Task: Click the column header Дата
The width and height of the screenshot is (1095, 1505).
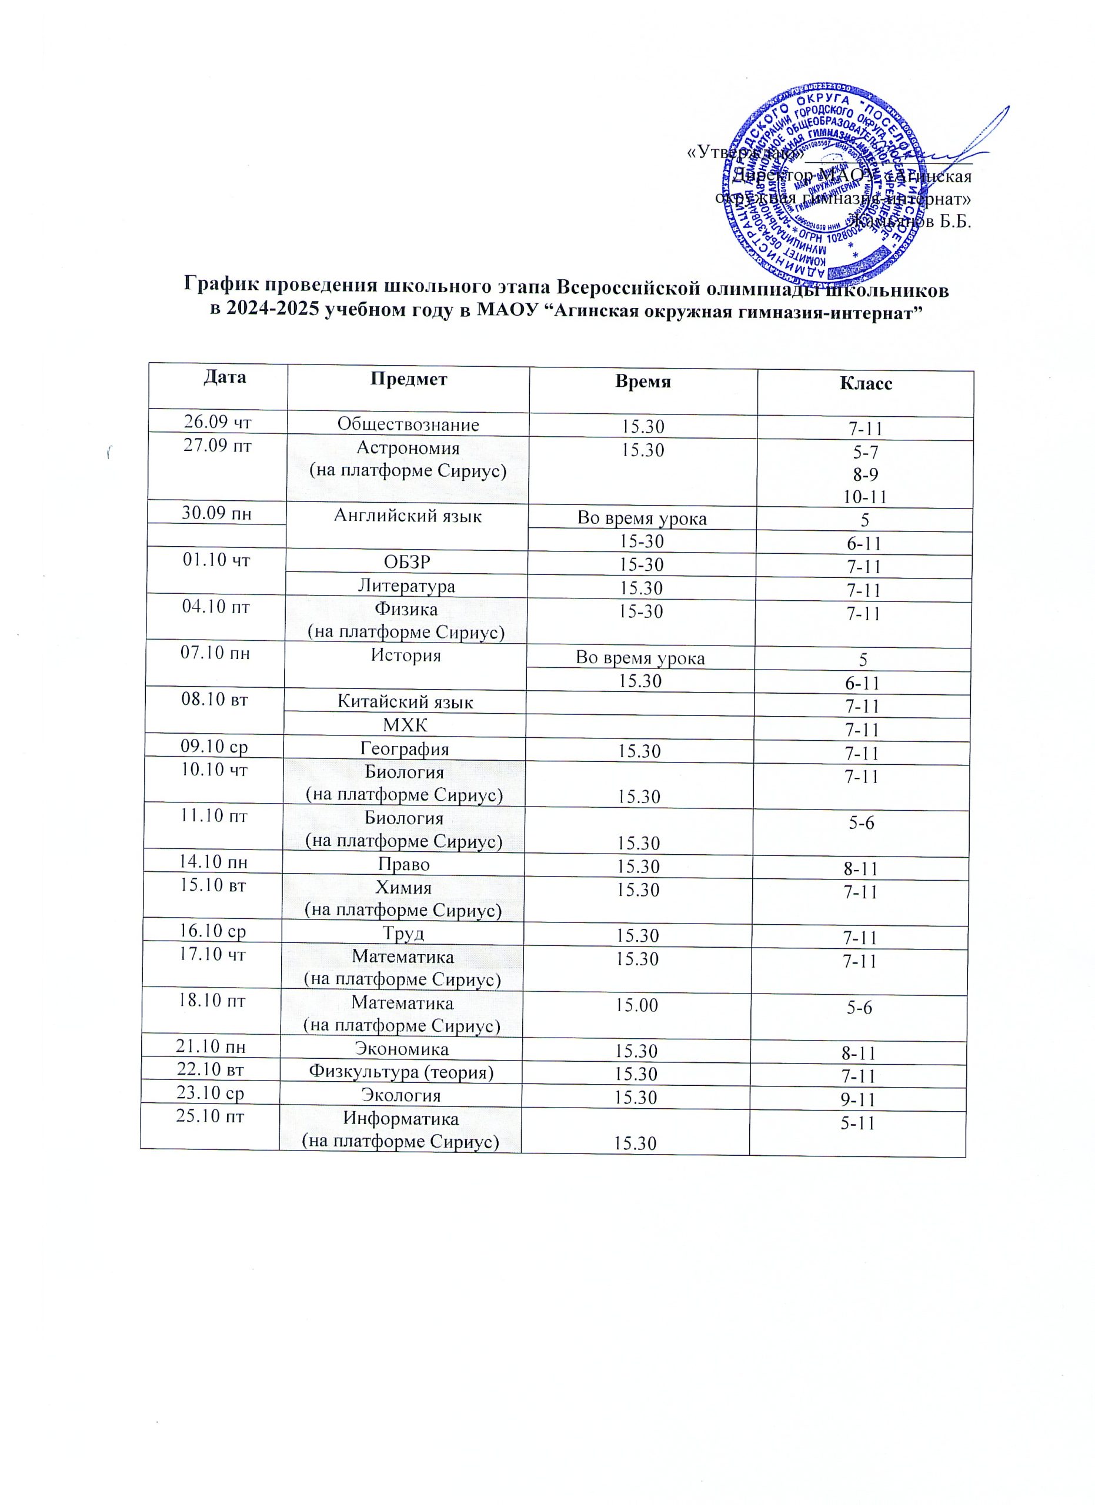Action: (x=224, y=377)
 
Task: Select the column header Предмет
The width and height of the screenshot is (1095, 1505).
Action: (x=408, y=379)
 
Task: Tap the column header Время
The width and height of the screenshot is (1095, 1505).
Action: (x=642, y=382)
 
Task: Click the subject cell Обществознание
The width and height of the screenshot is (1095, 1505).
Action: (x=408, y=424)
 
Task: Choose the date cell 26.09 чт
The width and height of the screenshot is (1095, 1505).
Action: (x=217, y=422)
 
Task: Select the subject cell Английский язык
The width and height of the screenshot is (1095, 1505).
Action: (x=408, y=516)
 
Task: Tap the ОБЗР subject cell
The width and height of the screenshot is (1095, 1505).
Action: (x=407, y=562)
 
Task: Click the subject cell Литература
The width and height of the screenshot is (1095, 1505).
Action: (x=406, y=586)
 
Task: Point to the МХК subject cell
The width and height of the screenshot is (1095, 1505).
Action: (x=405, y=725)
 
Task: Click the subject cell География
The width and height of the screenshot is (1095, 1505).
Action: (x=404, y=749)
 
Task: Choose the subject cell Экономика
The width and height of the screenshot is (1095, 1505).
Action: (x=402, y=1049)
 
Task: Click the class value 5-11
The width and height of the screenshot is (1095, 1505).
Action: (x=857, y=1123)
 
